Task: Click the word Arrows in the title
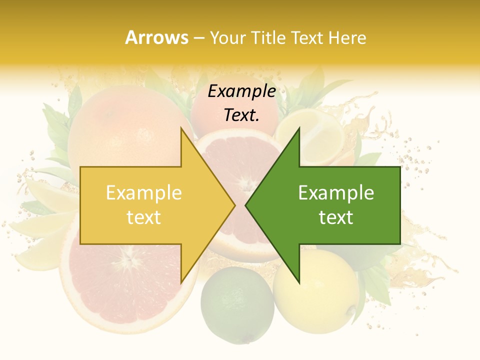[x=156, y=37]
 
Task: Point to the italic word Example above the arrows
[x=242, y=91]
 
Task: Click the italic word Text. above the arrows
[x=242, y=115]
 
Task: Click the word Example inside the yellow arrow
[x=144, y=193]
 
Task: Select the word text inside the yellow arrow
[x=144, y=217]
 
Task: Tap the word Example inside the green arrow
[x=336, y=193]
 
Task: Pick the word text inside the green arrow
[x=336, y=217]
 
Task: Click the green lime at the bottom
[x=237, y=304]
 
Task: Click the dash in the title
[x=198, y=38]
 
